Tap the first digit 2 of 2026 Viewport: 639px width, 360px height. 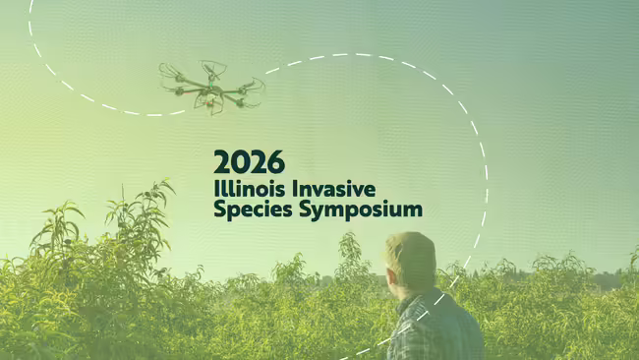click(x=222, y=161)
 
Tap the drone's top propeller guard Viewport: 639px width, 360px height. click(x=213, y=68)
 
